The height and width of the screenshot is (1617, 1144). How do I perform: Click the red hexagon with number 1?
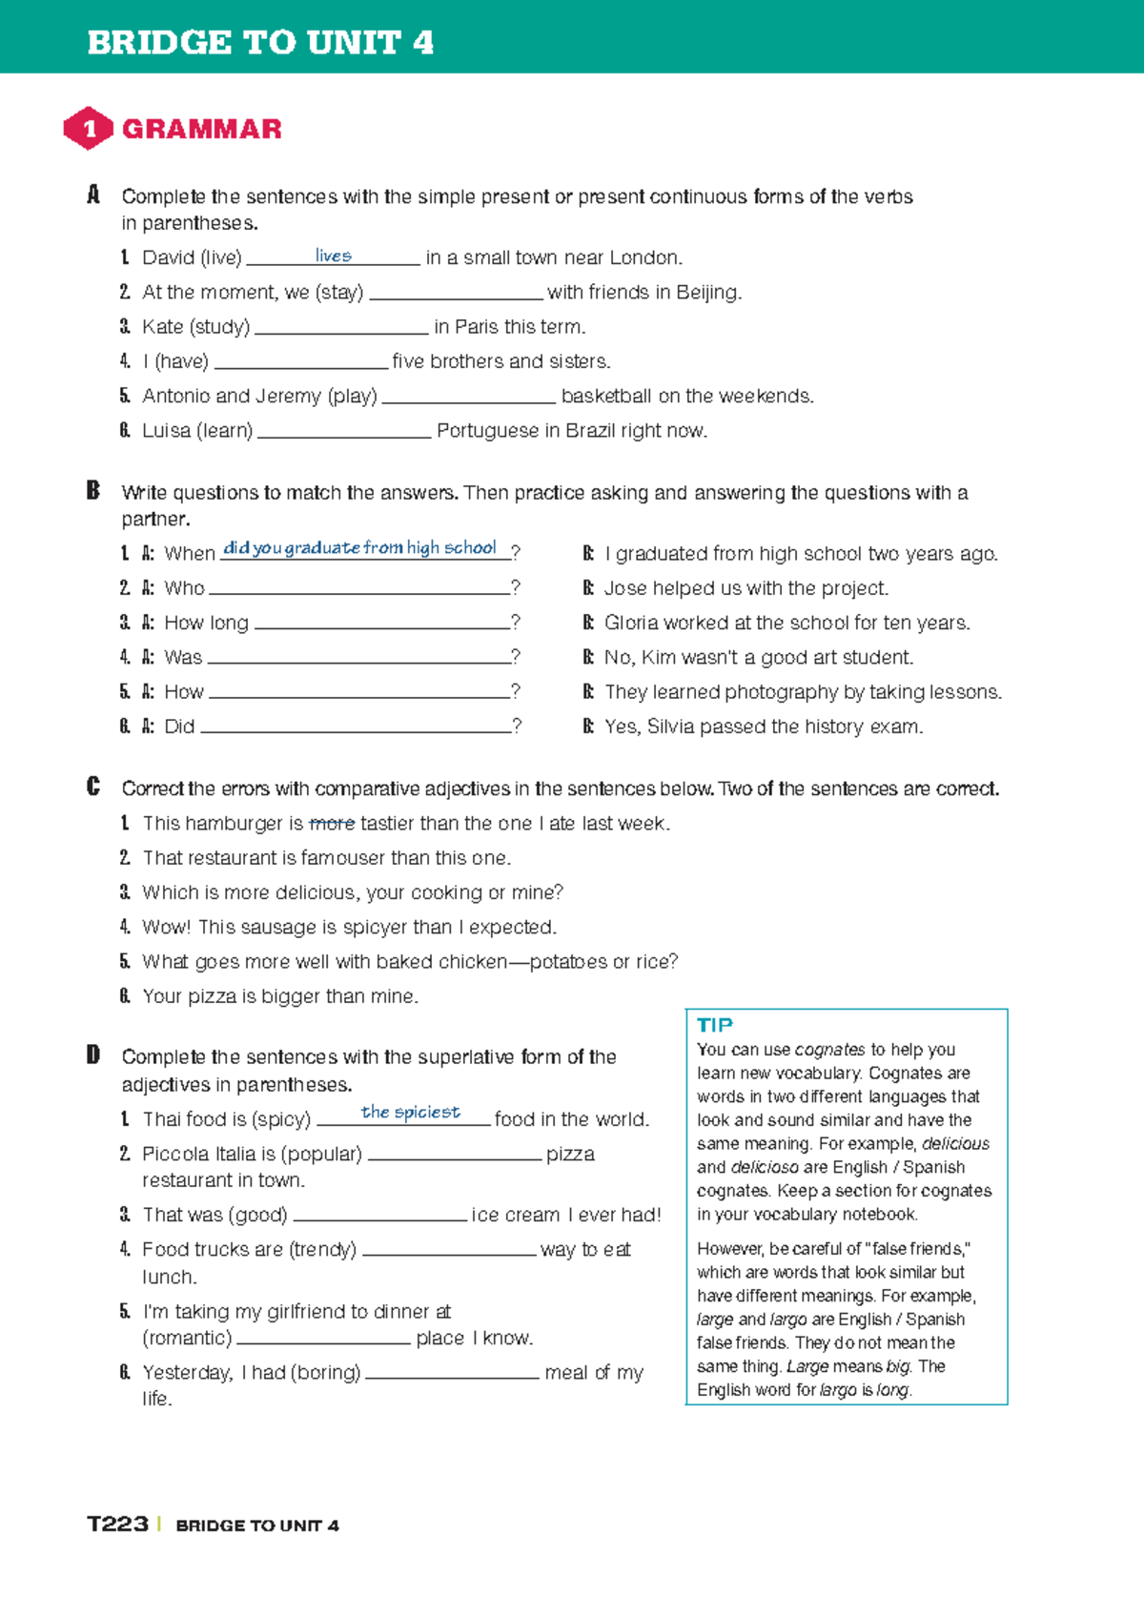(x=89, y=129)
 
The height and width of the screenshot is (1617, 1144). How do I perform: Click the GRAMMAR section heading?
(x=201, y=130)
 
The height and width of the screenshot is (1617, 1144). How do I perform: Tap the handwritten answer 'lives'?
(x=333, y=256)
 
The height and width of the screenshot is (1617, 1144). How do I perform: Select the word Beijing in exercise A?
(x=706, y=293)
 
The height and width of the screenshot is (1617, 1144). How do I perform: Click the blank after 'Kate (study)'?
(x=341, y=328)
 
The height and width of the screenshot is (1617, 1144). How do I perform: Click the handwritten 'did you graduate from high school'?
(x=359, y=548)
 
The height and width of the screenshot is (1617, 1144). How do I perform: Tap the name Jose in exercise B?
(x=624, y=588)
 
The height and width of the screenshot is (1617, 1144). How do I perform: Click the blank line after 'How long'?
(x=381, y=624)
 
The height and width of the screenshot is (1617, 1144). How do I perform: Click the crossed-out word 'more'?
(x=332, y=824)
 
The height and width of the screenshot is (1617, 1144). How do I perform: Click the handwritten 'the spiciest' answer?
(x=410, y=1113)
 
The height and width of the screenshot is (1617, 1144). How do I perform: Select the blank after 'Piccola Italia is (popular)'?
(x=454, y=1156)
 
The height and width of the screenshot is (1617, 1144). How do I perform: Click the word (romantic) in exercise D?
(x=187, y=1339)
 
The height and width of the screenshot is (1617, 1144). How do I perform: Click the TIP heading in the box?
(x=714, y=1026)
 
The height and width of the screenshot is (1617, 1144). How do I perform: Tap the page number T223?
(x=117, y=1525)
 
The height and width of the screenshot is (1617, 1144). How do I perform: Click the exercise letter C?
(x=93, y=788)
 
